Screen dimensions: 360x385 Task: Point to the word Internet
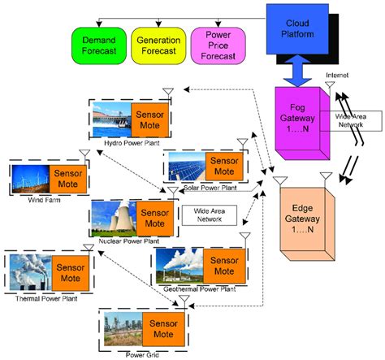338,76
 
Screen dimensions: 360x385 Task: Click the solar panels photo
184,169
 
